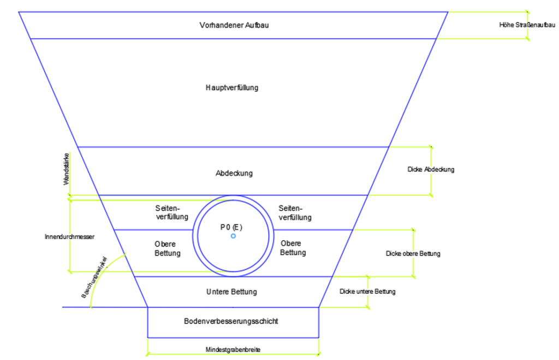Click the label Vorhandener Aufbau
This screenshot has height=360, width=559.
[234, 25]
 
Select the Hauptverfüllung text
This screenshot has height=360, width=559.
[232, 87]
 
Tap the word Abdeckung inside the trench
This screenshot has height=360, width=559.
[234, 173]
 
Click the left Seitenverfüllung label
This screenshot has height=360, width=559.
[171, 213]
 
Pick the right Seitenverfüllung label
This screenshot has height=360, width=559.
[295, 213]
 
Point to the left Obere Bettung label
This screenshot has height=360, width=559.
[167, 248]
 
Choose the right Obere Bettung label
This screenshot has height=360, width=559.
[293, 248]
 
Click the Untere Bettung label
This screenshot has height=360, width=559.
[231, 292]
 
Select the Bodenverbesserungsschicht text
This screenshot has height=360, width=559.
[231, 321]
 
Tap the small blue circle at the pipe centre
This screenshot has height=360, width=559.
[233, 236]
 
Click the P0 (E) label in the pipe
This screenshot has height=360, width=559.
[231, 227]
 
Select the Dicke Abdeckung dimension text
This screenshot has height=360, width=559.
[431, 169]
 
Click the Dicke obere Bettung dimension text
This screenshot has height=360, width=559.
[413, 253]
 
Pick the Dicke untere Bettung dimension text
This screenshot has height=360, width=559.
[367, 292]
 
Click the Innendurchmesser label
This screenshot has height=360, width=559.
[70, 237]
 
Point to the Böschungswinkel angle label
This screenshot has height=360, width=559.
[94, 277]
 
